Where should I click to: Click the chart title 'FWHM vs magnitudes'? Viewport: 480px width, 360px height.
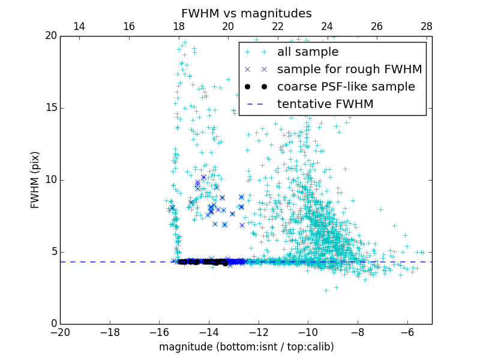tap(246, 13)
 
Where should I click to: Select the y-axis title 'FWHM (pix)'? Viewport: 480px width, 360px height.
tap(35, 180)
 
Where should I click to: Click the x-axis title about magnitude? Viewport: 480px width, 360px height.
tap(246, 347)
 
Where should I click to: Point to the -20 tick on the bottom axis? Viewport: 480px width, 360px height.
tap(60, 332)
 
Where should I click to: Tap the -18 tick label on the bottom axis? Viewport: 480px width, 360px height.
tap(110, 332)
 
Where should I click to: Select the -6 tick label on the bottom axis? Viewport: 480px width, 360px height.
tap(407, 332)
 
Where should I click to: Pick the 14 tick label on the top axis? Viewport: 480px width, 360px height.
tap(79, 26)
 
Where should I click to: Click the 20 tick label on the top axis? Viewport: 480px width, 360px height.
tap(228, 26)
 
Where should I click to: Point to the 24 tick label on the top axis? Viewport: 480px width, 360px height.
tap(327, 26)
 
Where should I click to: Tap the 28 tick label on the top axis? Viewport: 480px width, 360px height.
tap(427, 26)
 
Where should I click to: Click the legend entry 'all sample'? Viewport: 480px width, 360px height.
tap(308, 52)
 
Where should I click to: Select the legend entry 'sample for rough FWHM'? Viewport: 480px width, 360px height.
tap(349, 70)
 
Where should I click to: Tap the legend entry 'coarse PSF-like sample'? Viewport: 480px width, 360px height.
tap(346, 87)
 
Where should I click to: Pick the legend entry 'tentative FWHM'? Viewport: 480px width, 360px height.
tap(325, 104)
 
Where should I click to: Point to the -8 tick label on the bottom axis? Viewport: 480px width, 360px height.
tap(358, 332)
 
